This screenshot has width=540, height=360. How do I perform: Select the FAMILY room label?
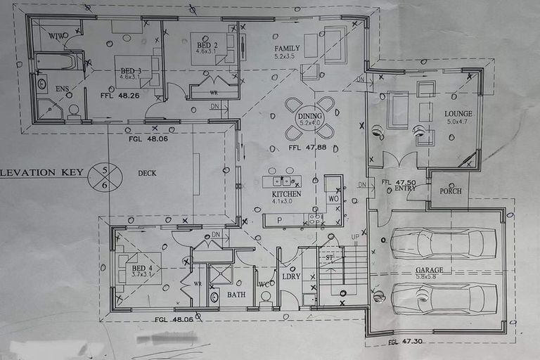click(x=288, y=48)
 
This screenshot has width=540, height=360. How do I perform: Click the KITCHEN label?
click(x=286, y=193)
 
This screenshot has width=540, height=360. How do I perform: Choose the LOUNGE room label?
click(x=458, y=113)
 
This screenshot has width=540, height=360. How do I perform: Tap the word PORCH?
click(x=451, y=191)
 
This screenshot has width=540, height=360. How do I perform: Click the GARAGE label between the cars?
click(x=429, y=270)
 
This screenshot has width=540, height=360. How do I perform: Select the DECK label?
click(x=147, y=173)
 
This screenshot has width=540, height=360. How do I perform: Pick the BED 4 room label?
click(x=142, y=269)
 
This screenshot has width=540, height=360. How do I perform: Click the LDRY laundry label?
click(x=291, y=276)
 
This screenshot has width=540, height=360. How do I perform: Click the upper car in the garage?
click(x=443, y=244)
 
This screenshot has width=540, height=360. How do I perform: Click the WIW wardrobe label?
click(x=58, y=35)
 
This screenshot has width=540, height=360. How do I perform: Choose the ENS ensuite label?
click(x=62, y=89)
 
